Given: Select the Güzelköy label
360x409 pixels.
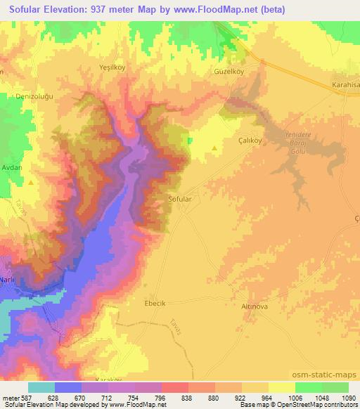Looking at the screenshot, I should pyautogui.click(x=228, y=72).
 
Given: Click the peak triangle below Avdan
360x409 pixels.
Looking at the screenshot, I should pyautogui.click(x=32, y=182).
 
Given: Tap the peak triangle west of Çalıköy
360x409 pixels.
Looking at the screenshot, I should pyautogui.click(x=214, y=148).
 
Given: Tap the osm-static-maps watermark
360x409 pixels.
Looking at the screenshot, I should pyautogui.click(x=327, y=377).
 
